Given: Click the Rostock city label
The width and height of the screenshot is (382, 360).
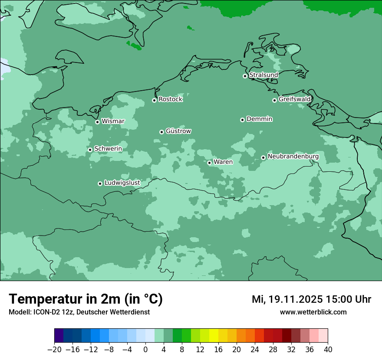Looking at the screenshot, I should point(170,99).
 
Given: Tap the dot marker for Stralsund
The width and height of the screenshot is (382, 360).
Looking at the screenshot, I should point(245,76).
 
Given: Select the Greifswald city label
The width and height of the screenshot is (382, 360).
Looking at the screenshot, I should point(294,99).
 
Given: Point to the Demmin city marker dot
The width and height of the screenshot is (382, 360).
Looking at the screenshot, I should point(242,120).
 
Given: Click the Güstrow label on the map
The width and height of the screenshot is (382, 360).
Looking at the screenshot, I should point(178,131).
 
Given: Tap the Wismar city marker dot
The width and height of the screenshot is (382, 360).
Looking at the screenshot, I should point(97,122).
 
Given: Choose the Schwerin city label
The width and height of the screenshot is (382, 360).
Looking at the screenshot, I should point(108,149).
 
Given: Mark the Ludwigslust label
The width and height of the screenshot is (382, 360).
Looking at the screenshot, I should point(122,183).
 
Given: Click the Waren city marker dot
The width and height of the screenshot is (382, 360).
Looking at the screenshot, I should point(209,163).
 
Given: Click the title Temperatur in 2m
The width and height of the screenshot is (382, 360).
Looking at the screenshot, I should point(86,299).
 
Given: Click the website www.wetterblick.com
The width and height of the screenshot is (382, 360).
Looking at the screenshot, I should point(313,312).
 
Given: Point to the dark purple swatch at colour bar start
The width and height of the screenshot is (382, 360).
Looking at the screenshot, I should point(59,336).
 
